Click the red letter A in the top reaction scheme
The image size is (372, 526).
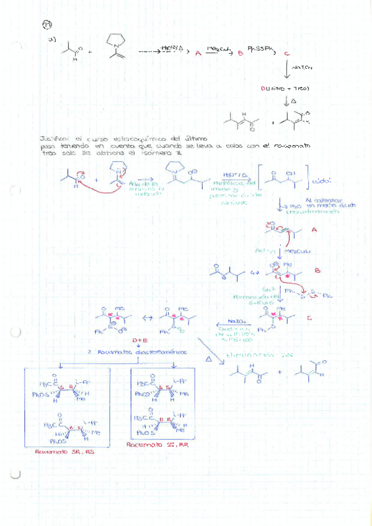pos(198,54)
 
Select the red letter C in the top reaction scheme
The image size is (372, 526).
pos(286,54)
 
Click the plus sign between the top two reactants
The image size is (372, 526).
pos(91,52)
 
